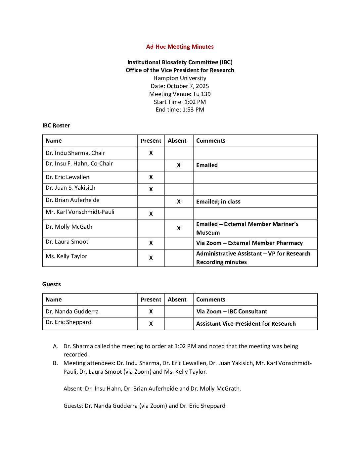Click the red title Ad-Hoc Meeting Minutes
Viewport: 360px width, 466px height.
(180, 47)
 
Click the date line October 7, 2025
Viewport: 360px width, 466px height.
(180, 86)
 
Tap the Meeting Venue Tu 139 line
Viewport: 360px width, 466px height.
(180, 94)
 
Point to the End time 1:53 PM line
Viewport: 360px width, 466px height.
(180, 110)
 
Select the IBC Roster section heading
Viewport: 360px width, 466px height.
(56, 125)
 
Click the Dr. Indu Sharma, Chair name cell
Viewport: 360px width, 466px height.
(75, 153)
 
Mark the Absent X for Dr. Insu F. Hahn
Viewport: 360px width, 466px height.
(179, 165)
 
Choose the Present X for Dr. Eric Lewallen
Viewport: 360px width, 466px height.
(151, 177)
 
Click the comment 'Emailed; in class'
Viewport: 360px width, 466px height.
(218, 202)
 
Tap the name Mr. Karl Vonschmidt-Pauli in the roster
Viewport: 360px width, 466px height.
(80, 212)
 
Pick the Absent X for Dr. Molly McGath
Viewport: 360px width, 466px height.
(179, 228)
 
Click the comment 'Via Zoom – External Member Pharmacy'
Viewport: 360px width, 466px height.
(249, 243)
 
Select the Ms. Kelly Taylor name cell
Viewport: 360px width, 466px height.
(66, 256)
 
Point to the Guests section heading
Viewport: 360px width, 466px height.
(51, 284)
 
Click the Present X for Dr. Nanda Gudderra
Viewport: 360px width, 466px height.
(151, 311)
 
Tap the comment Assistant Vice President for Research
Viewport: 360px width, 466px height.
(246, 324)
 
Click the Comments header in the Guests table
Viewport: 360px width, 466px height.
(210, 300)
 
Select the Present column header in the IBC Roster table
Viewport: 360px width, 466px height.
(151, 141)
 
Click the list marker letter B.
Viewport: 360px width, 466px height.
(55, 363)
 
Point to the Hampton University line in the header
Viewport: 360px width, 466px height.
(180, 78)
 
